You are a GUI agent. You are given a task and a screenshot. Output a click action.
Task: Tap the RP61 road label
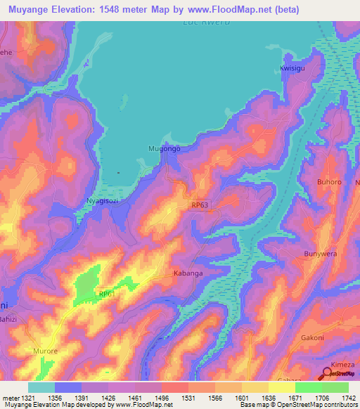pyautogui.click(x=106, y=294)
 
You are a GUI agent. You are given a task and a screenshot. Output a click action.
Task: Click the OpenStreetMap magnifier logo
pyautogui.click(x=328, y=374)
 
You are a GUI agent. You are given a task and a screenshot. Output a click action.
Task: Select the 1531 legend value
pyautogui.click(x=188, y=397)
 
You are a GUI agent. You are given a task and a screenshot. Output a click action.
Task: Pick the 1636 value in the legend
pyautogui.click(x=269, y=397)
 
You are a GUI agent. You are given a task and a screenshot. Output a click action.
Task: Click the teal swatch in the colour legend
pyautogui.click(x=41, y=387)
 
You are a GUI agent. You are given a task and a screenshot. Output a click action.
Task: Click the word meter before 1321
pyautogui.click(x=9, y=397)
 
